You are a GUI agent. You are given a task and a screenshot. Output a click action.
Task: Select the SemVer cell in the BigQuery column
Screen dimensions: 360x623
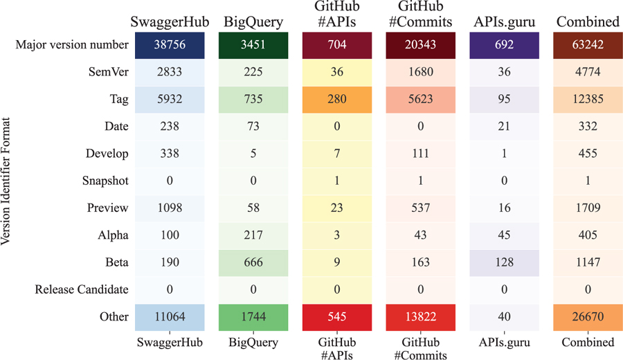coord(253,73)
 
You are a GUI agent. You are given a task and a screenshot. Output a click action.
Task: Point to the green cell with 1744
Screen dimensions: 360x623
coord(253,316)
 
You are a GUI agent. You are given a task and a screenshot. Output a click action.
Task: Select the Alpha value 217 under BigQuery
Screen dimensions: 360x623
coord(253,235)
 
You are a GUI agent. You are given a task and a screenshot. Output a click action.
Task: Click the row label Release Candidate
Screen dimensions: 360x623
coord(82,289)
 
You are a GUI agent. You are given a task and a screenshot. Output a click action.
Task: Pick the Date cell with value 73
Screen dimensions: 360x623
coord(253,127)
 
